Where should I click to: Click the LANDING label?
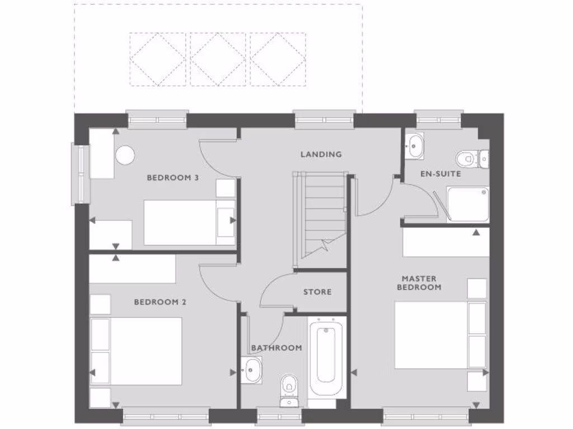(321, 154)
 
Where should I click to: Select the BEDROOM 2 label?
(160, 302)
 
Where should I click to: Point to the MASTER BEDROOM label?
(419, 283)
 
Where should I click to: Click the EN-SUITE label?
(440, 174)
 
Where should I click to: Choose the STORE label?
(317, 292)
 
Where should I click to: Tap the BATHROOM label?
(276, 347)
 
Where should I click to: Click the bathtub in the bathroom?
(327, 355)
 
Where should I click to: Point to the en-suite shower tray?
(467, 204)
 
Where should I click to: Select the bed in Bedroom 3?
(189, 222)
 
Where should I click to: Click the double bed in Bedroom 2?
(145, 351)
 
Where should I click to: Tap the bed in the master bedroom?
(431, 335)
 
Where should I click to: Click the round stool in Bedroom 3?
(125, 155)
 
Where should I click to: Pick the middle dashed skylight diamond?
(218, 59)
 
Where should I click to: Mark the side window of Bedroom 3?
(80, 174)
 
